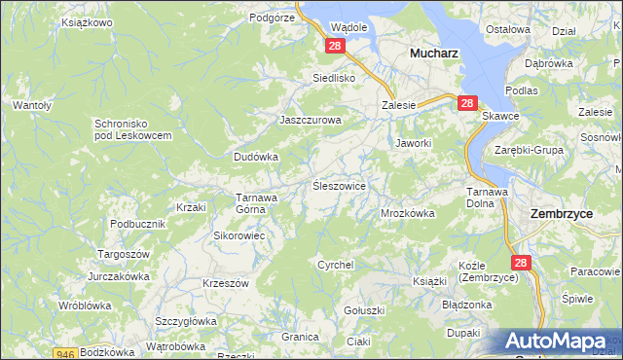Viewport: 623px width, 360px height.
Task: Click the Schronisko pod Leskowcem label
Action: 132,129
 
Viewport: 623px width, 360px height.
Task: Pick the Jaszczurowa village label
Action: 310,121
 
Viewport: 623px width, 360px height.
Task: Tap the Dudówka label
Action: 256,156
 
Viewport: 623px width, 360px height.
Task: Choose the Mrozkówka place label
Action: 407,212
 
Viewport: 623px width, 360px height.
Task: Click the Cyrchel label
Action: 335,265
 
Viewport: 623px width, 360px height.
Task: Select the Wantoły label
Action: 31,103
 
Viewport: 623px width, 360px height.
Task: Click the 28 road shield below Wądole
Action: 335,47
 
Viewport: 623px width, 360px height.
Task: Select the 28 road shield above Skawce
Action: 467,102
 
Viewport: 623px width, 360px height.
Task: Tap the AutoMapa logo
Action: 563,342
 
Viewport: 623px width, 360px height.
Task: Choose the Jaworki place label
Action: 413,143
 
